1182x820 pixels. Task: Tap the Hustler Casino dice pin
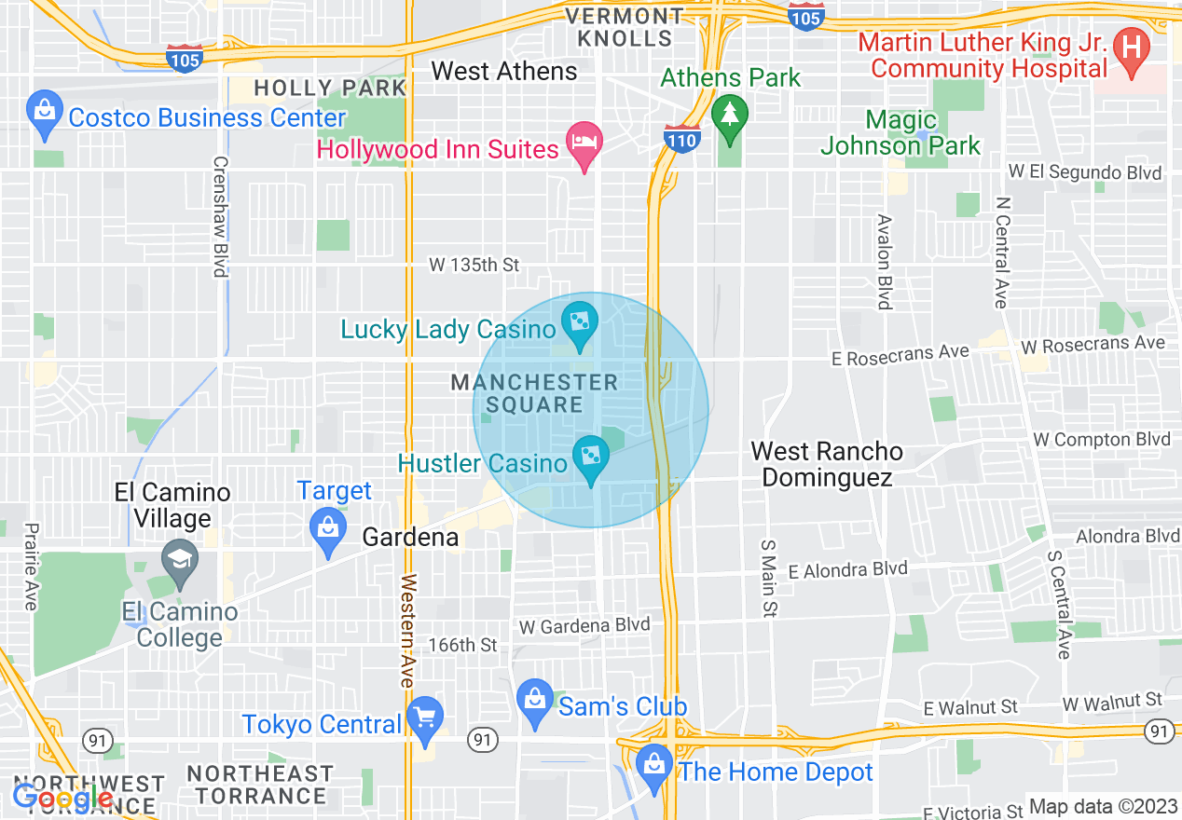coord(590,457)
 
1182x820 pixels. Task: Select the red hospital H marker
coord(1133,46)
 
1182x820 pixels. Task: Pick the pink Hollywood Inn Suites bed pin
coord(584,143)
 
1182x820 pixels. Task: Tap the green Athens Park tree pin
coord(730,116)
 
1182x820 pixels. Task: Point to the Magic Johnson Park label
coord(900,132)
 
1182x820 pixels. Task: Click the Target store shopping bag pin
coord(327,528)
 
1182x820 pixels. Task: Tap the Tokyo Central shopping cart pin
coord(425,718)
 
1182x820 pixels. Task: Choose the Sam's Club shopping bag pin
coord(535,700)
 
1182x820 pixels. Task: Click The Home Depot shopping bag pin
coord(654,765)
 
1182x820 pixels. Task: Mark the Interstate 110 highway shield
coord(682,139)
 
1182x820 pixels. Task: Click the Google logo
coord(63,798)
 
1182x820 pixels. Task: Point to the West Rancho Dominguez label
coord(827,464)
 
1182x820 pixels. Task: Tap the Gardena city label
coord(410,538)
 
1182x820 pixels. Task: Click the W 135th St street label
coord(474,265)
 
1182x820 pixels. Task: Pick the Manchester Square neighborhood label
coord(534,393)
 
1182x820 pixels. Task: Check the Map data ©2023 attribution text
coord(1102,807)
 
